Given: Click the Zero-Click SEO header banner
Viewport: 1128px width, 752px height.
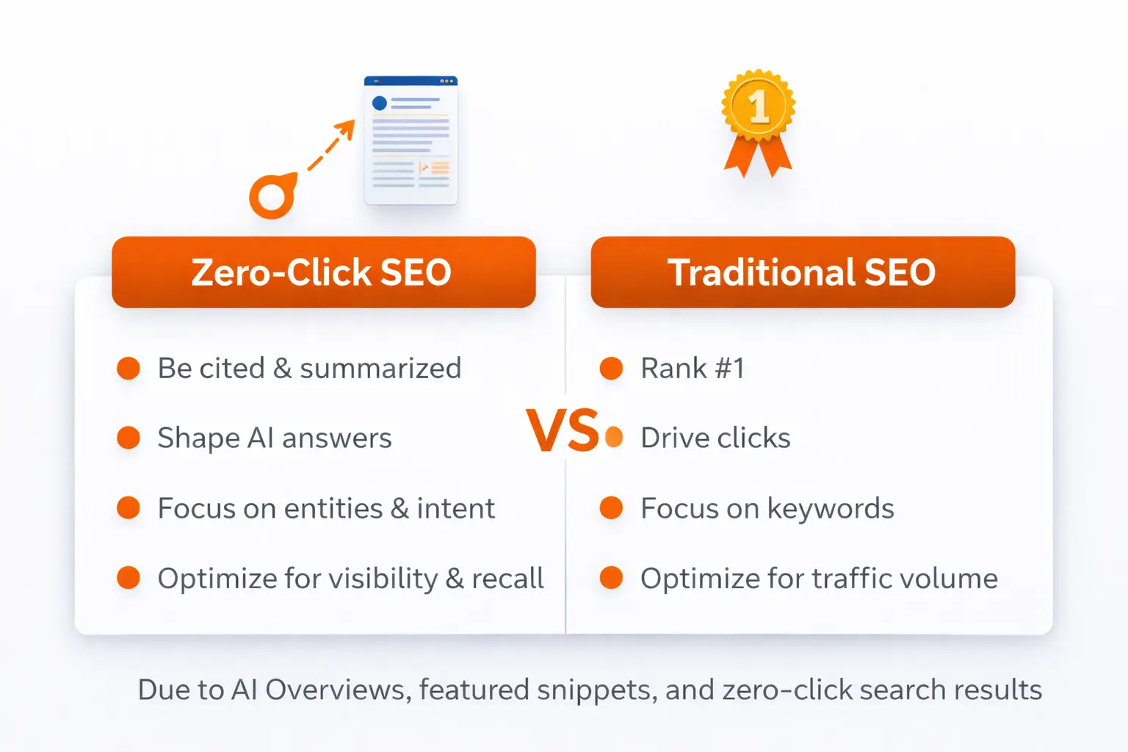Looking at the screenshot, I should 323,272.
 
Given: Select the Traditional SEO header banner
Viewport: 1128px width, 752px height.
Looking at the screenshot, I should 802,272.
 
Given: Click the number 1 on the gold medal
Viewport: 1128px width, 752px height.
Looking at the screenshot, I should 759,108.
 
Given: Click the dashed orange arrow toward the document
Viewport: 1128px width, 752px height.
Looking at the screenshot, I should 330,148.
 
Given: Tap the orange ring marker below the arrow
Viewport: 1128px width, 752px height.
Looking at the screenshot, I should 272,196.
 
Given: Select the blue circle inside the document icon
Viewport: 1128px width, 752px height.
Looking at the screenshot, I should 380,103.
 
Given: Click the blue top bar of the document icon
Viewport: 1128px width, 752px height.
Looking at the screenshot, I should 411,81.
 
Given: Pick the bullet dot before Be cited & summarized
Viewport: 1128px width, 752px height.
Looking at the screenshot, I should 129,368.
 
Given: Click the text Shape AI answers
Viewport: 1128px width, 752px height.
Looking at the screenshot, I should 275,438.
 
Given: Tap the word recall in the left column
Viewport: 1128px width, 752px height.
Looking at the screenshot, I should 507,579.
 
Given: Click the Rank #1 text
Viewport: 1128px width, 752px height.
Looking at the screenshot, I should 693,368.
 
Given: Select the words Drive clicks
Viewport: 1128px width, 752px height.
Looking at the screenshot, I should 715,438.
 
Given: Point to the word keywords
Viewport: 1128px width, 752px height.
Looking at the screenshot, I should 831,508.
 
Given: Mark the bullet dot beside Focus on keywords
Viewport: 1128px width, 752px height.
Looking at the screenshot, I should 611,508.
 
